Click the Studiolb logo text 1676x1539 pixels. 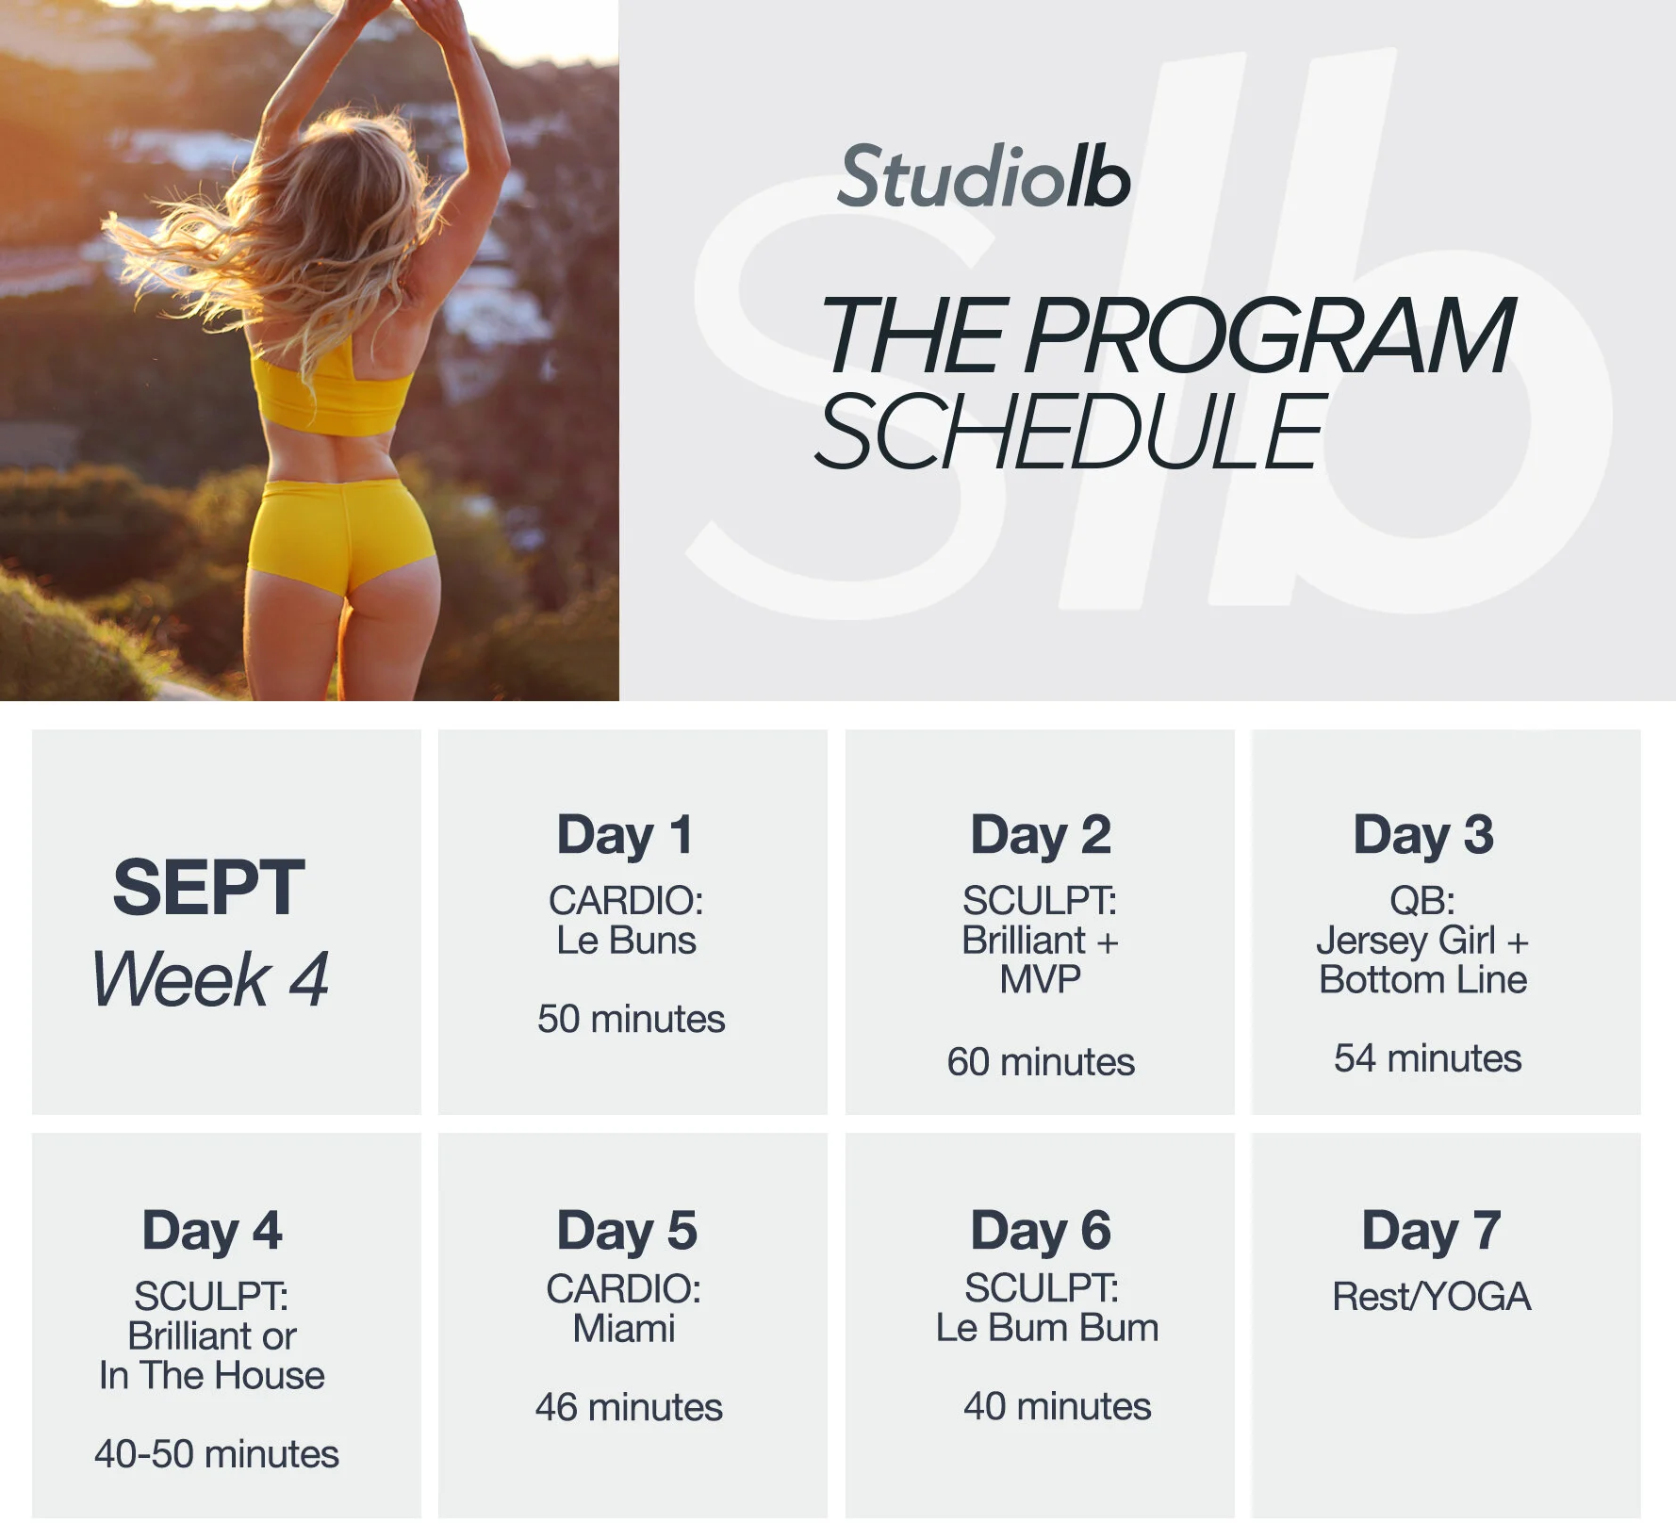983,177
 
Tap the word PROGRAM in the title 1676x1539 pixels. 1269,336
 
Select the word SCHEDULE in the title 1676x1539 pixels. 1071,432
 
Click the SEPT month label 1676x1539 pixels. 208,888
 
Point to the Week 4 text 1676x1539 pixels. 210,979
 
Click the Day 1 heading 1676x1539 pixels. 625,835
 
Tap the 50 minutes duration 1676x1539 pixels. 631,1019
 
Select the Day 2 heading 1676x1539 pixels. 1041,835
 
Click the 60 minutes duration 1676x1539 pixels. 1041,1062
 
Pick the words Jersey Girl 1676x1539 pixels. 1405,941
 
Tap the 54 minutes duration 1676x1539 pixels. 1427,1058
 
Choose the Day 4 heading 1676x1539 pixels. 212,1231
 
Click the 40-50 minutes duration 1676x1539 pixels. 216,1454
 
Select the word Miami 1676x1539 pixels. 624,1329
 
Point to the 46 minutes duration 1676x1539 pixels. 629,1407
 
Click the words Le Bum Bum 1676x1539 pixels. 1046,1328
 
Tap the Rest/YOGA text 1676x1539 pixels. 1431,1297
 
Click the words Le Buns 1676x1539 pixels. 626,941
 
